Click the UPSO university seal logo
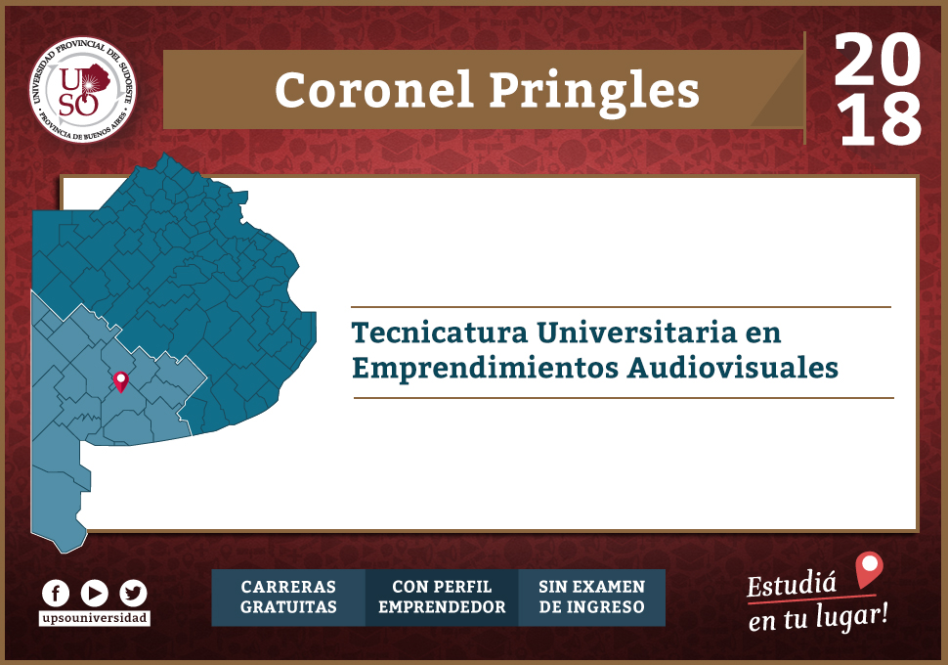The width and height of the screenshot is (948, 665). pos(83,90)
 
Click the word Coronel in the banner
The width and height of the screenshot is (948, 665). pos(373,91)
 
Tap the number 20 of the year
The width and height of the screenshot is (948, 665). pos(878,59)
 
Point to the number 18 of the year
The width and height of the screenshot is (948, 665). pos(881,120)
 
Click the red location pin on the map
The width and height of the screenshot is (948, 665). pos(121,381)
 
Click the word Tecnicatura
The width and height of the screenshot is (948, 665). pos(440,332)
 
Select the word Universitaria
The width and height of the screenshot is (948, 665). pos(636,332)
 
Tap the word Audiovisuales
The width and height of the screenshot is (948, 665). pos(733,368)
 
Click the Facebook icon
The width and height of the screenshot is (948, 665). pos(56,594)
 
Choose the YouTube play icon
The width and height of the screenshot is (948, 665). pos(95,594)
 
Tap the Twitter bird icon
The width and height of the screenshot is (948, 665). pos(133,594)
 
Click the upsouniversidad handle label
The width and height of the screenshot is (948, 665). pos(95,618)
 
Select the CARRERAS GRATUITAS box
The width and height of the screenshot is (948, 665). pos(288,598)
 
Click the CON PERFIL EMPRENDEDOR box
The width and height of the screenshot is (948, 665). pos(442,598)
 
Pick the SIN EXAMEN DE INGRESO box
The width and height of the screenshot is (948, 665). pos(592,598)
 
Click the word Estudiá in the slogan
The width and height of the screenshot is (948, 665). pos(792,584)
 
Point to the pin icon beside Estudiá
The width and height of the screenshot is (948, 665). pos(870,570)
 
